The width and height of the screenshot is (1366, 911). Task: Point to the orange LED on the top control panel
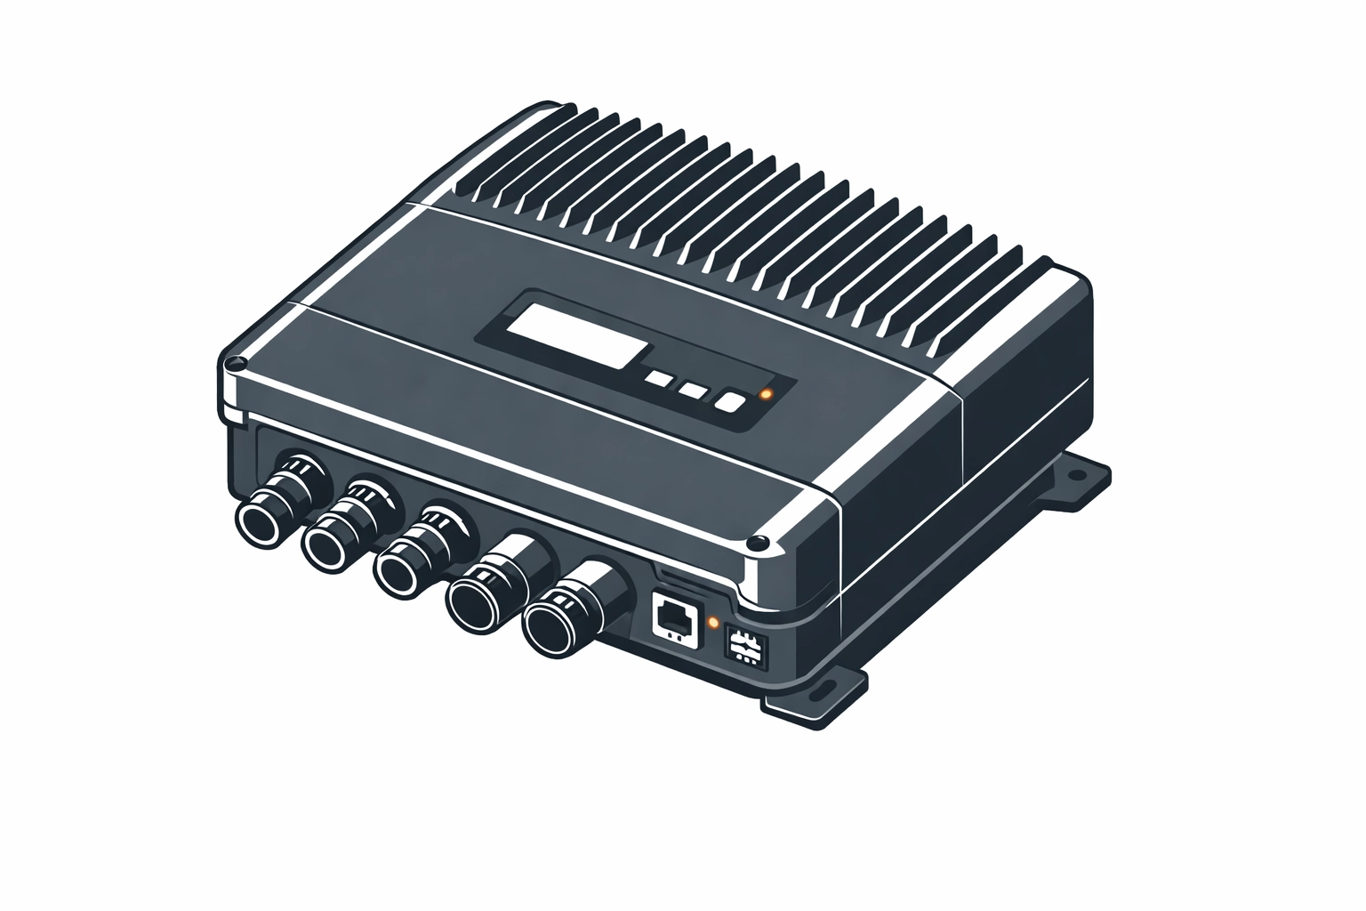tap(766, 393)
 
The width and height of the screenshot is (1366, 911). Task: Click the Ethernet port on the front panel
tap(676, 616)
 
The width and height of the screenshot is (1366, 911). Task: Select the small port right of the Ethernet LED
tap(744, 643)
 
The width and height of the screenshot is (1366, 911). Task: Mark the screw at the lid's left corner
tap(235, 364)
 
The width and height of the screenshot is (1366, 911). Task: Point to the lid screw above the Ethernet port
tap(758, 544)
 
